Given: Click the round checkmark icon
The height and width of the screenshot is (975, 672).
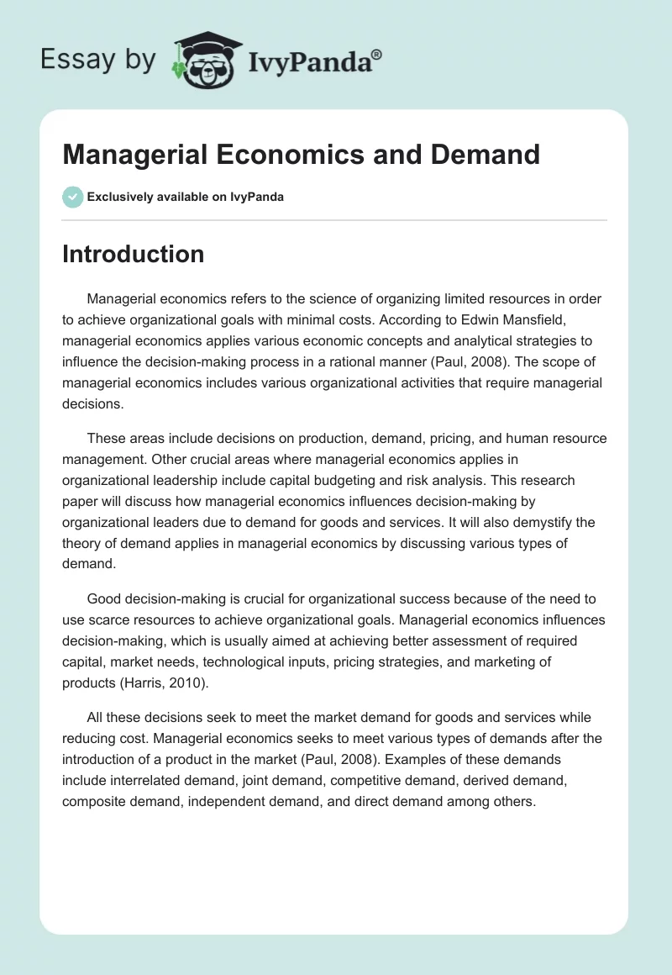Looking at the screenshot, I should click(x=72, y=197).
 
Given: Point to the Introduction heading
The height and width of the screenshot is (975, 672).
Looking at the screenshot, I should click(x=133, y=254).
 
